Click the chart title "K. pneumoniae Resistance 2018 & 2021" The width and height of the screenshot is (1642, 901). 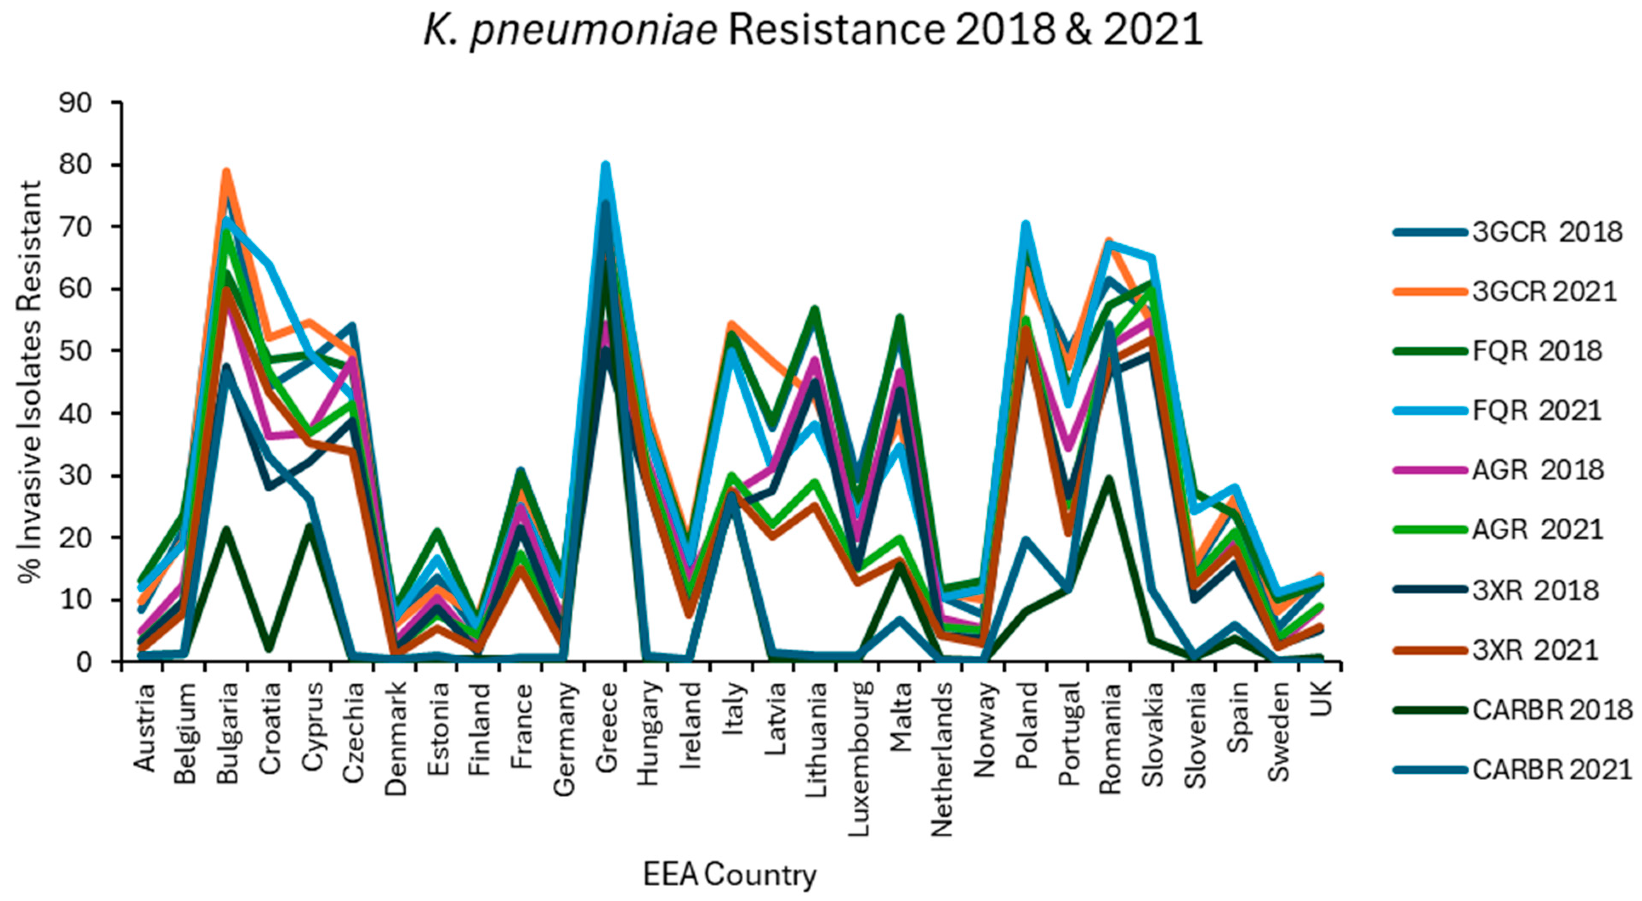tap(813, 30)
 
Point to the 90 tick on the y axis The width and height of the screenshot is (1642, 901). tap(75, 103)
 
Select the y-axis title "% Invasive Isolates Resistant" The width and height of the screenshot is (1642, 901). tap(30, 382)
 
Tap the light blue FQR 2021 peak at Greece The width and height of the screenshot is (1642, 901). tap(605, 165)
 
